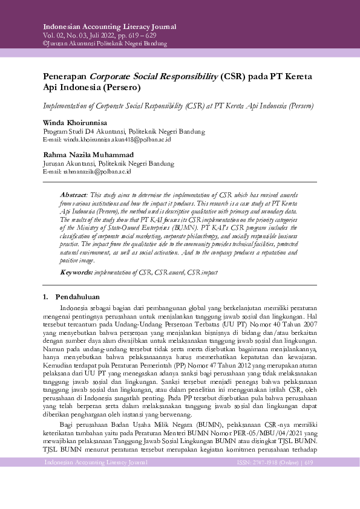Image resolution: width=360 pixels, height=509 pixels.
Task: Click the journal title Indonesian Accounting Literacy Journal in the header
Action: click(x=110, y=27)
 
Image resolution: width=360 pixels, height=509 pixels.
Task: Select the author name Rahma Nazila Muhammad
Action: click(x=88, y=155)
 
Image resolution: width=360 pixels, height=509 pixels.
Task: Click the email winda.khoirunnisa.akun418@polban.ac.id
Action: click(x=107, y=139)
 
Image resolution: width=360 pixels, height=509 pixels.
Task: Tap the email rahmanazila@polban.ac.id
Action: click(x=87, y=172)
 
